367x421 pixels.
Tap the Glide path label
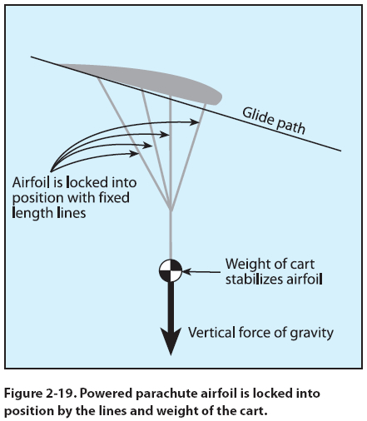(x=274, y=121)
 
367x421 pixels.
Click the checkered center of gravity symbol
(x=171, y=270)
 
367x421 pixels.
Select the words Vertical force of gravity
(x=260, y=333)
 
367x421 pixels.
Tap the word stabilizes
(x=254, y=280)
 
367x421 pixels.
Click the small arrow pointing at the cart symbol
(x=201, y=272)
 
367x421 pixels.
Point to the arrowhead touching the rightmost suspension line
(x=194, y=122)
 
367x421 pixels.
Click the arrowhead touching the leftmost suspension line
(x=134, y=153)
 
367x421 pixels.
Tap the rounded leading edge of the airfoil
(x=218, y=98)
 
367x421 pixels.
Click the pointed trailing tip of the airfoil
(x=61, y=66)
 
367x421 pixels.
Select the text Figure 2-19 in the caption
(x=41, y=394)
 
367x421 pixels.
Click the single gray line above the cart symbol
(x=171, y=235)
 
